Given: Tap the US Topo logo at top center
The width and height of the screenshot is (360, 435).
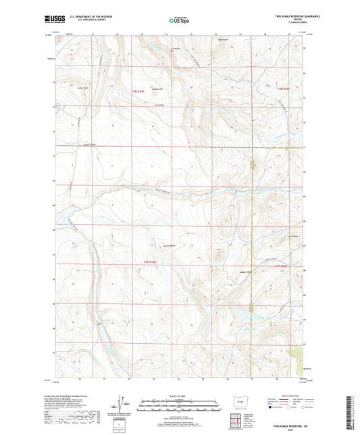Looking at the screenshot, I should click(179, 20).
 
